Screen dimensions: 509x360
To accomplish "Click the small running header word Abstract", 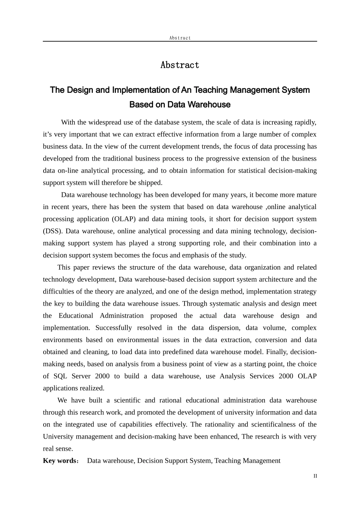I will [180, 38].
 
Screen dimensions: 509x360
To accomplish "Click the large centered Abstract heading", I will [180, 65].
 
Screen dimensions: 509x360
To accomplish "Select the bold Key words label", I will [60, 461].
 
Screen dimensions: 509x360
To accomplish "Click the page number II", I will [315, 476].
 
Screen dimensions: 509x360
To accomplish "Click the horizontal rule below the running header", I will [180, 41].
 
